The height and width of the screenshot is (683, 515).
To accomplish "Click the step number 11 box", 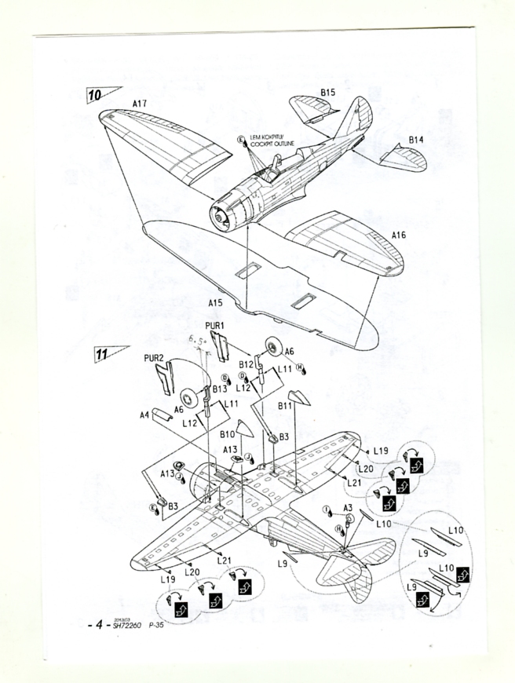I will coord(102,353).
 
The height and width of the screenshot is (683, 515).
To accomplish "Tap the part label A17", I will coord(140,103).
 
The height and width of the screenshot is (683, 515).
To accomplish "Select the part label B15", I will coord(327,92).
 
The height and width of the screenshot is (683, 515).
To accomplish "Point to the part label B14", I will coord(416,140).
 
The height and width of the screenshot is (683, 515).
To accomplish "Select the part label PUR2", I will coord(154,359).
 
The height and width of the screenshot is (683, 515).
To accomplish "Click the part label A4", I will coord(144,415).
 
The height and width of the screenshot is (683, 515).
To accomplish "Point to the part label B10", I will coord(228,433).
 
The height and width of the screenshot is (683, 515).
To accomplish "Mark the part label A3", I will coord(347,509).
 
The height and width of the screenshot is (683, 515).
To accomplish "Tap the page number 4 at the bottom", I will coord(98,625).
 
